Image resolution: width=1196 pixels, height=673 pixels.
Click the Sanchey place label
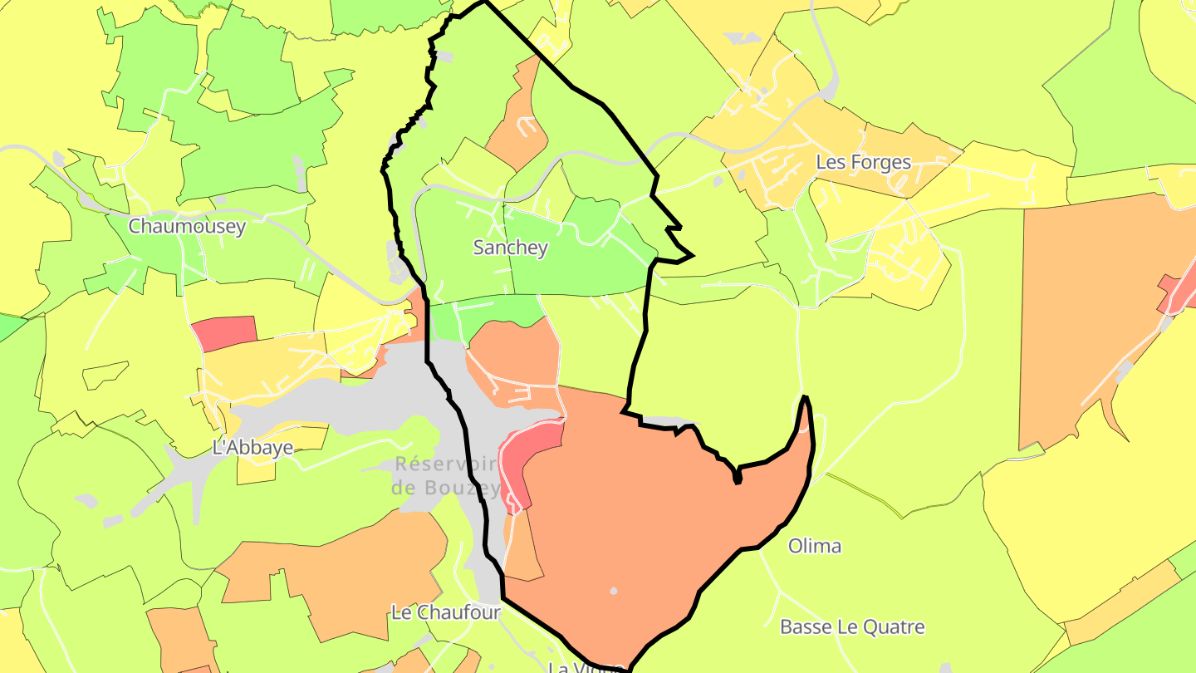point(510,247)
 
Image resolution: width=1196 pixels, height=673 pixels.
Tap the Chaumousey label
point(187,227)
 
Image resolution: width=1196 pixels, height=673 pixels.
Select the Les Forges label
point(863,162)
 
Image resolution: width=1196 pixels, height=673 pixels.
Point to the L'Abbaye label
point(253,448)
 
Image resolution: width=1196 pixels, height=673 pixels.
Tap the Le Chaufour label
point(446,612)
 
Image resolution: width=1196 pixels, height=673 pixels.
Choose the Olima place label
point(814,546)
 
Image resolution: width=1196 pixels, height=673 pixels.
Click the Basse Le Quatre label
point(851,626)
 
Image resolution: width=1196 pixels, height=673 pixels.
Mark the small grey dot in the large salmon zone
point(614,591)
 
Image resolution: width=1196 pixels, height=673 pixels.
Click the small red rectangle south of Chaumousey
point(224,332)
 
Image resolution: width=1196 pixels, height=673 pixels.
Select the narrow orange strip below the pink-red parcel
point(522,544)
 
